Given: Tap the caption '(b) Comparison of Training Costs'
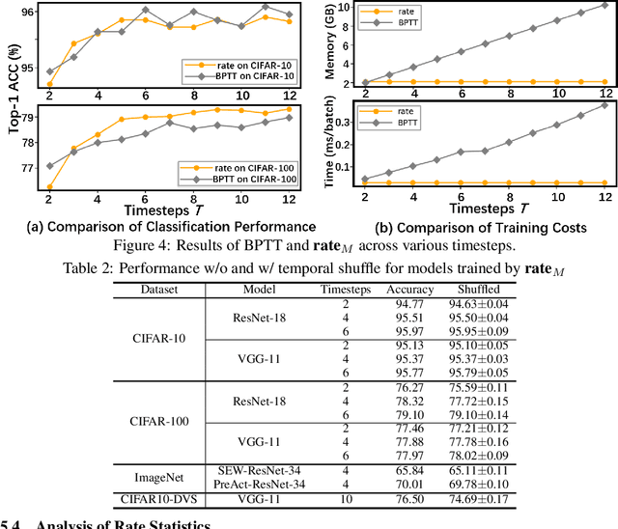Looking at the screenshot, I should coord(466,228).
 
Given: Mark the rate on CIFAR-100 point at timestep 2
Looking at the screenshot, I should coord(49,187).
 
